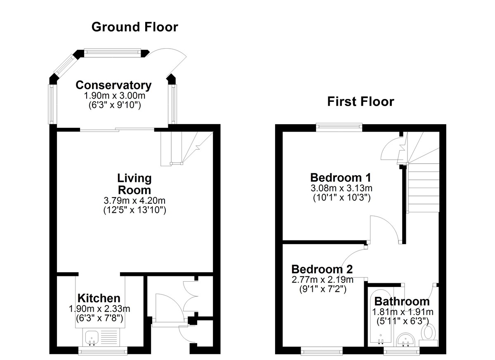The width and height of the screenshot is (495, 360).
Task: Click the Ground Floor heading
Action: [134, 27]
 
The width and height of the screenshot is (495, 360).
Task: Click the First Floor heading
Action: [361, 101]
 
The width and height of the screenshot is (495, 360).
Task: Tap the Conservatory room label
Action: [113, 85]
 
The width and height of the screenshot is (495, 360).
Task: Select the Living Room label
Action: [134, 184]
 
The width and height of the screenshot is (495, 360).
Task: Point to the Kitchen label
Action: [99, 298]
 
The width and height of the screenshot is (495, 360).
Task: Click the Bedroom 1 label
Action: [341, 177]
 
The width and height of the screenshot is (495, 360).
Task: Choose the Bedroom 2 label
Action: [322, 269]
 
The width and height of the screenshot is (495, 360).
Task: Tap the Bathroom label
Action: [402, 301]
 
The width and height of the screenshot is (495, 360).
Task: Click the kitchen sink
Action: [91, 339]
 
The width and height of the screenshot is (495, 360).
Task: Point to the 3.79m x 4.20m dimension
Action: [134, 200]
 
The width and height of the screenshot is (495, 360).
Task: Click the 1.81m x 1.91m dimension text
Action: [403, 312]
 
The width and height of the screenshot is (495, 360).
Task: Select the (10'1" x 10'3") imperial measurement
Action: [342, 198]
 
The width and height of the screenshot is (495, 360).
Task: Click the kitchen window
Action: [103, 351]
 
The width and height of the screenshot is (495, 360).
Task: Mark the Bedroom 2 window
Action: [322, 351]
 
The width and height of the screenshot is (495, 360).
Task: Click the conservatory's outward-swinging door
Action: [175, 59]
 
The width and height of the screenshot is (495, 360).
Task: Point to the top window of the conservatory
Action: [113, 52]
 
